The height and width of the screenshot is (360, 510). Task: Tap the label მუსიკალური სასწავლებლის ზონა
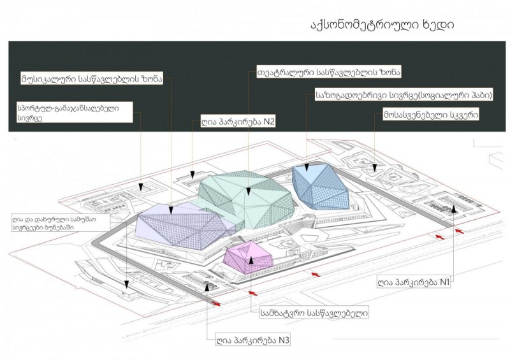[x=92, y=80]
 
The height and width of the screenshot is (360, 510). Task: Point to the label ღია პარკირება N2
[x=233, y=121]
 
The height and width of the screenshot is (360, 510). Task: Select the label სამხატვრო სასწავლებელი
[x=314, y=313]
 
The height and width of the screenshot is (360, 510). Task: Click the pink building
[x=249, y=258]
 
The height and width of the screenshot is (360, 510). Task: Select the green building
[x=245, y=198]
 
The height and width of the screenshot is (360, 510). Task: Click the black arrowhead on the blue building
[x=307, y=169]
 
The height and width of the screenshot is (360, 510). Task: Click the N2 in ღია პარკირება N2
[x=266, y=121]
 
